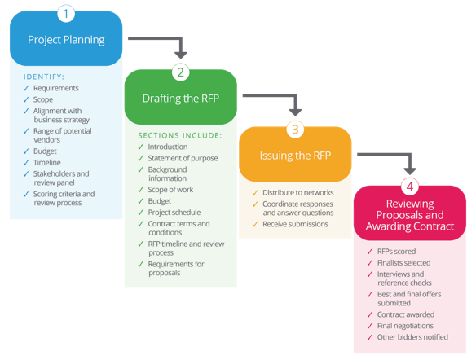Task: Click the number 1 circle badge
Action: pyautogui.click(x=66, y=14)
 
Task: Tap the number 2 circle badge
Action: pyautogui.click(x=181, y=72)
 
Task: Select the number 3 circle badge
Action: pyautogui.click(x=295, y=130)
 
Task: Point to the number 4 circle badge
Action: pyautogui.click(x=410, y=187)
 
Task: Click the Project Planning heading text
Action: pyautogui.click(x=66, y=40)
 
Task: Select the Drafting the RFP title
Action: pyautogui.click(x=181, y=99)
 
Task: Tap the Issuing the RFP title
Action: pyautogui.click(x=295, y=156)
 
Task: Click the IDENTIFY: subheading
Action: pyautogui.click(x=44, y=77)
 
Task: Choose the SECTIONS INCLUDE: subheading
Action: pyautogui.click(x=180, y=135)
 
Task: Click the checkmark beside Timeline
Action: pyautogui.click(x=26, y=163)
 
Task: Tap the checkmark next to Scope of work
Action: pyautogui.click(x=140, y=190)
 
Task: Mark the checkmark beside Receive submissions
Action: pyautogui.click(x=255, y=224)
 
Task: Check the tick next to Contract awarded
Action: pyautogui.click(x=370, y=314)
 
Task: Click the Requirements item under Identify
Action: pyautogui.click(x=56, y=88)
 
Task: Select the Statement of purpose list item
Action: pyautogui.click(x=183, y=158)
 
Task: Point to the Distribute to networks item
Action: pyautogui.click(x=298, y=192)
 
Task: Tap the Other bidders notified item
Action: pyautogui.click(x=412, y=337)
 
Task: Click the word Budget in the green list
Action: pyautogui.click(x=160, y=201)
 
